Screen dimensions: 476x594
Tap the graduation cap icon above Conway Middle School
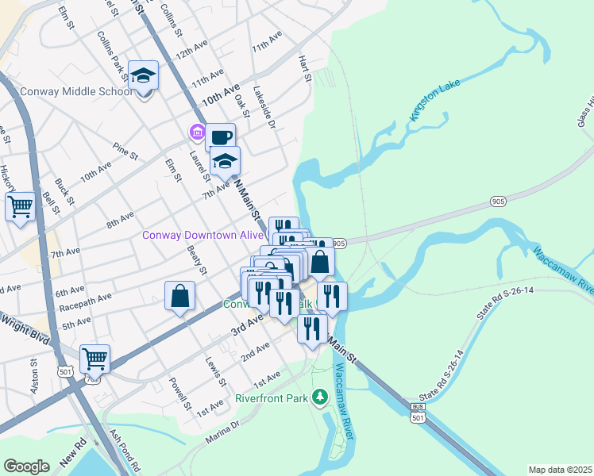(144, 76)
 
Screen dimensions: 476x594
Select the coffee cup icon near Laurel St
(220, 136)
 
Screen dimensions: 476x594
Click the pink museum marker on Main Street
(195, 131)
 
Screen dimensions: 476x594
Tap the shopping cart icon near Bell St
(20, 207)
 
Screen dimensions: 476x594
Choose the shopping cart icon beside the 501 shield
(94, 359)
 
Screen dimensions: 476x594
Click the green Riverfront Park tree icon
(320, 396)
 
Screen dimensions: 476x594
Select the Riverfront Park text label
(272, 397)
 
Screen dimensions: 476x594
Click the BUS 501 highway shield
(418, 413)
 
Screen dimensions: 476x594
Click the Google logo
(26, 466)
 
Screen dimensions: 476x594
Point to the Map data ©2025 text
(559, 470)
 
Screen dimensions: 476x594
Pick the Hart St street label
(303, 68)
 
